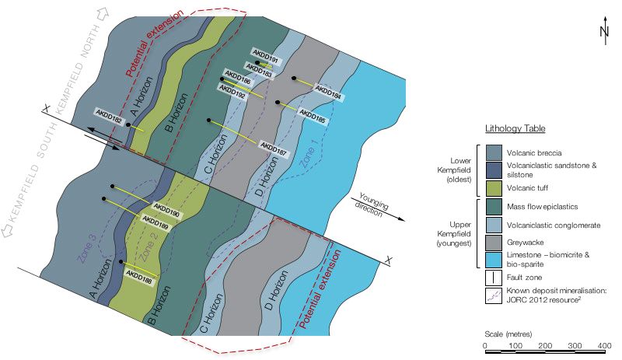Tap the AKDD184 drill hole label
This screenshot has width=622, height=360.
pyautogui.click(x=329, y=91)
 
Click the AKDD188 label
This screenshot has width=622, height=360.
pyautogui.click(x=139, y=275)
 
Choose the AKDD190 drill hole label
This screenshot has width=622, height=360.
pyautogui.click(x=166, y=211)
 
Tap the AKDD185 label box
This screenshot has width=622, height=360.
pyautogui.click(x=311, y=121)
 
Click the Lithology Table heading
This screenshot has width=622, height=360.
pyautogui.click(x=515, y=128)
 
